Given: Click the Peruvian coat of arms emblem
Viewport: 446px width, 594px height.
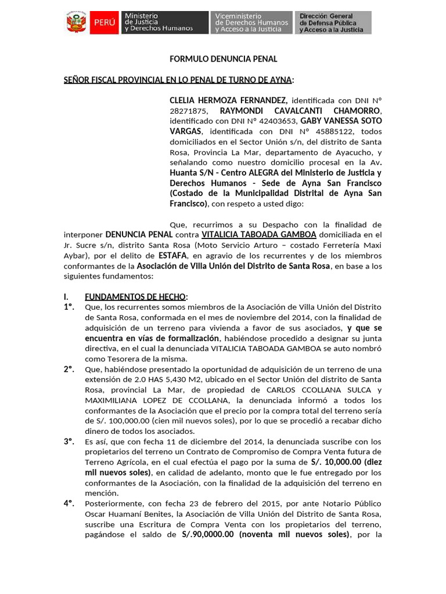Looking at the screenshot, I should pos(75,23).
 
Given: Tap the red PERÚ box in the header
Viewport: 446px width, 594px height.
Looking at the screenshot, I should pos(105,23).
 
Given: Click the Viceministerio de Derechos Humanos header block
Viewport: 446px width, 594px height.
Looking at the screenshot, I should pos(251,23).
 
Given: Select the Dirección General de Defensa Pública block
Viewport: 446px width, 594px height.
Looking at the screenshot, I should pos(333,23).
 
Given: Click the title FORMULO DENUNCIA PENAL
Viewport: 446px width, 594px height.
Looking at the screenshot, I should pos(223,59).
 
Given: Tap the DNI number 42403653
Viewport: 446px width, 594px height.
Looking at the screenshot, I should pos(276,121).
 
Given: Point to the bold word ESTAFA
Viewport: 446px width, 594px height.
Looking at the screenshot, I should pos(172,255).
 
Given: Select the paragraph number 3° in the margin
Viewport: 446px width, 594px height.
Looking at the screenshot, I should pos(69,441).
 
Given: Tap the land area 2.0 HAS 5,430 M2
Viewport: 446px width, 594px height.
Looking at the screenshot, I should pos(158,380).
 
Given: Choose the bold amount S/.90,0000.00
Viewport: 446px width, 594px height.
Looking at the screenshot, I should pos(208,535).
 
